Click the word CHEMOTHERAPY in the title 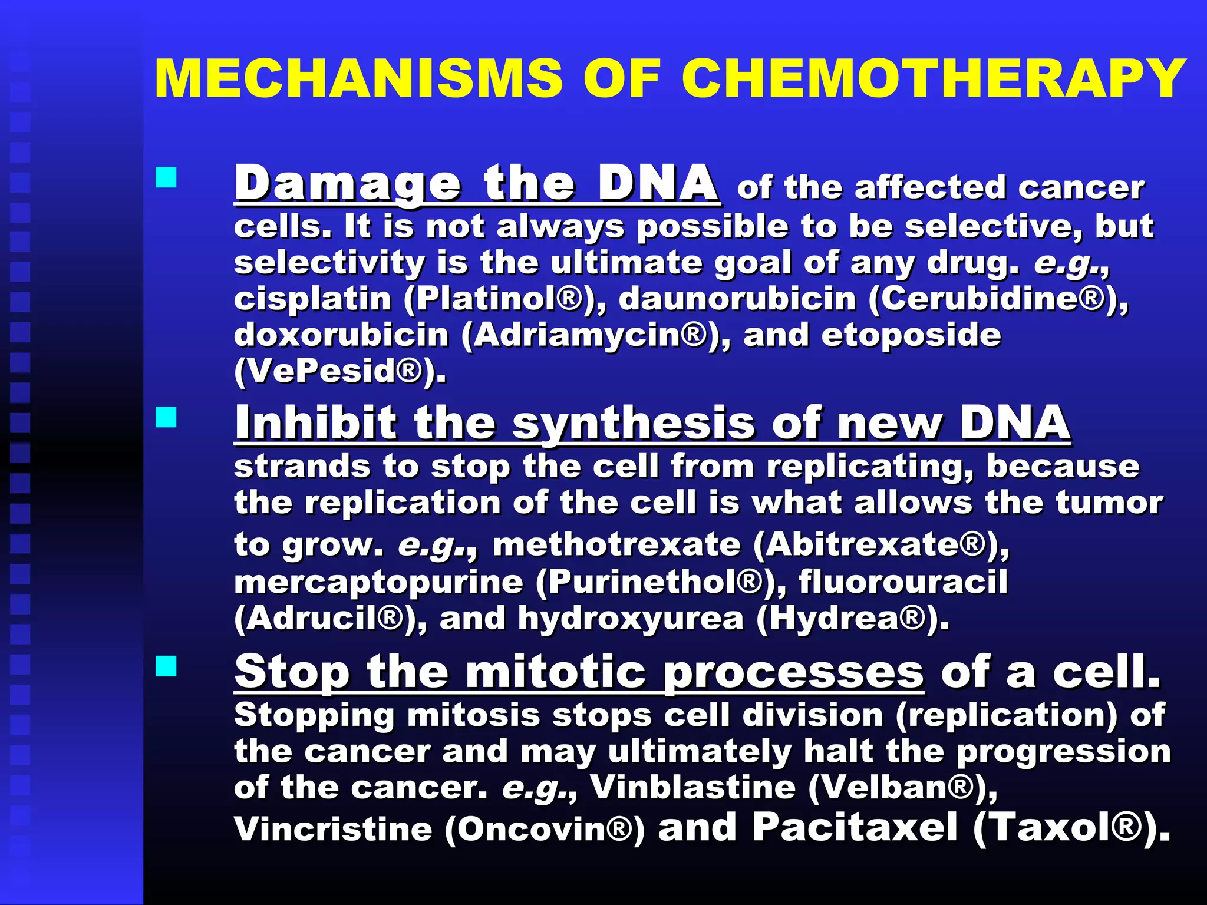[934, 79]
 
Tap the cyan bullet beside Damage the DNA [166, 177]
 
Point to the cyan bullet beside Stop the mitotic [166, 666]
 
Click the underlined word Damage [348, 184]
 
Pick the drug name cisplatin [312, 299]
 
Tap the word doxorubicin [342, 335]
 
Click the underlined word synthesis [634, 423]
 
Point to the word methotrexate [616, 544]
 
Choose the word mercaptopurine [378, 582]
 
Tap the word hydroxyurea [631, 619]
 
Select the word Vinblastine [693, 787]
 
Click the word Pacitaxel [855, 827]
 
